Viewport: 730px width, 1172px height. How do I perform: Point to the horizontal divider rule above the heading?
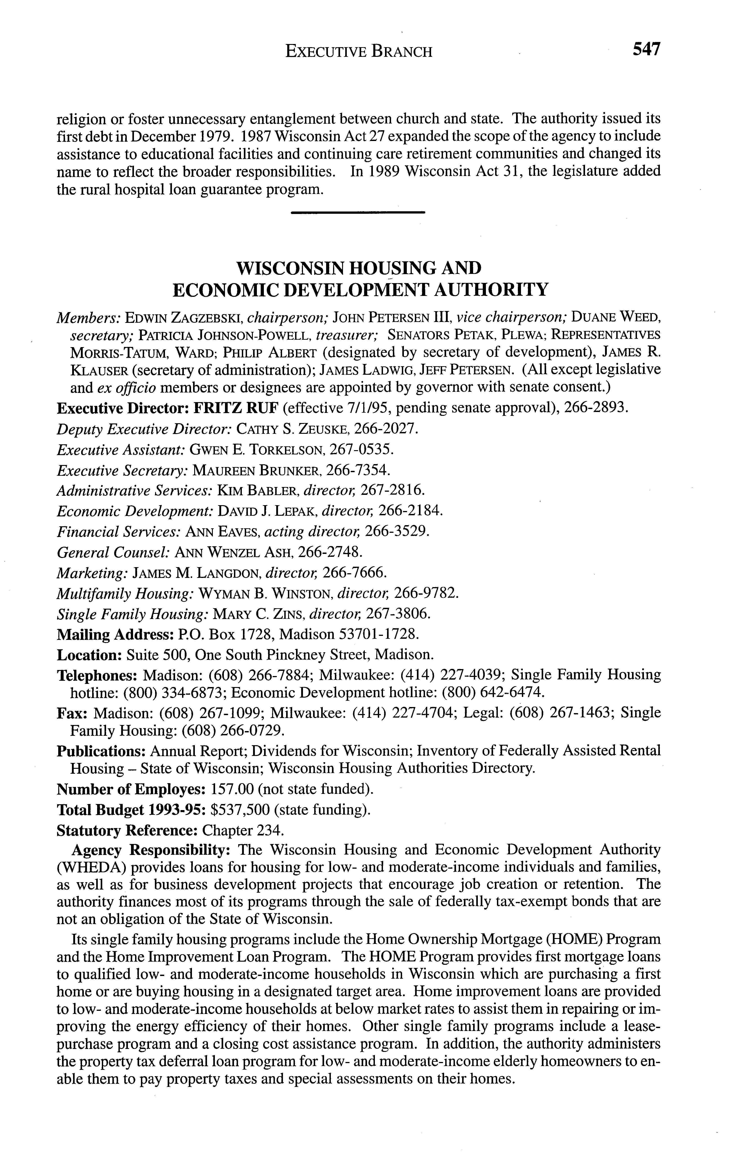click(358, 212)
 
